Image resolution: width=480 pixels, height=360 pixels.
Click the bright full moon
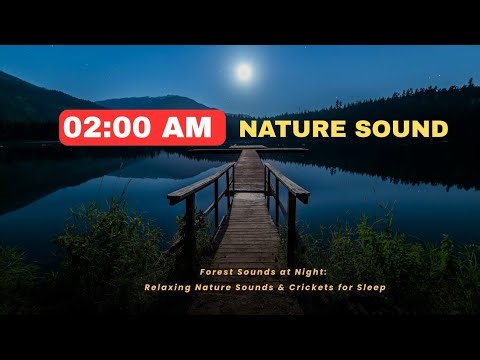(x=242, y=72)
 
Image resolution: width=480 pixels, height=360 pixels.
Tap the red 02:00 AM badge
(x=142, y=128)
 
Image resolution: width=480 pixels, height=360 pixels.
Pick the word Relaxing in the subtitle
(x=164, y=288)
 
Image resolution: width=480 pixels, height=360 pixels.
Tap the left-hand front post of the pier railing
(x=190, y=230)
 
